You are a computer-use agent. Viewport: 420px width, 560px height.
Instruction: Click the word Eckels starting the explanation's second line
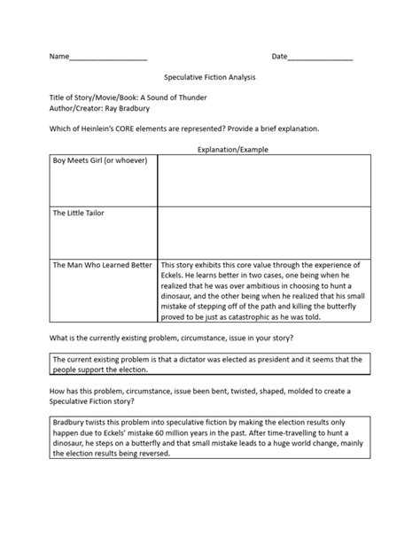pyautogui.click(x=175, y=276)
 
